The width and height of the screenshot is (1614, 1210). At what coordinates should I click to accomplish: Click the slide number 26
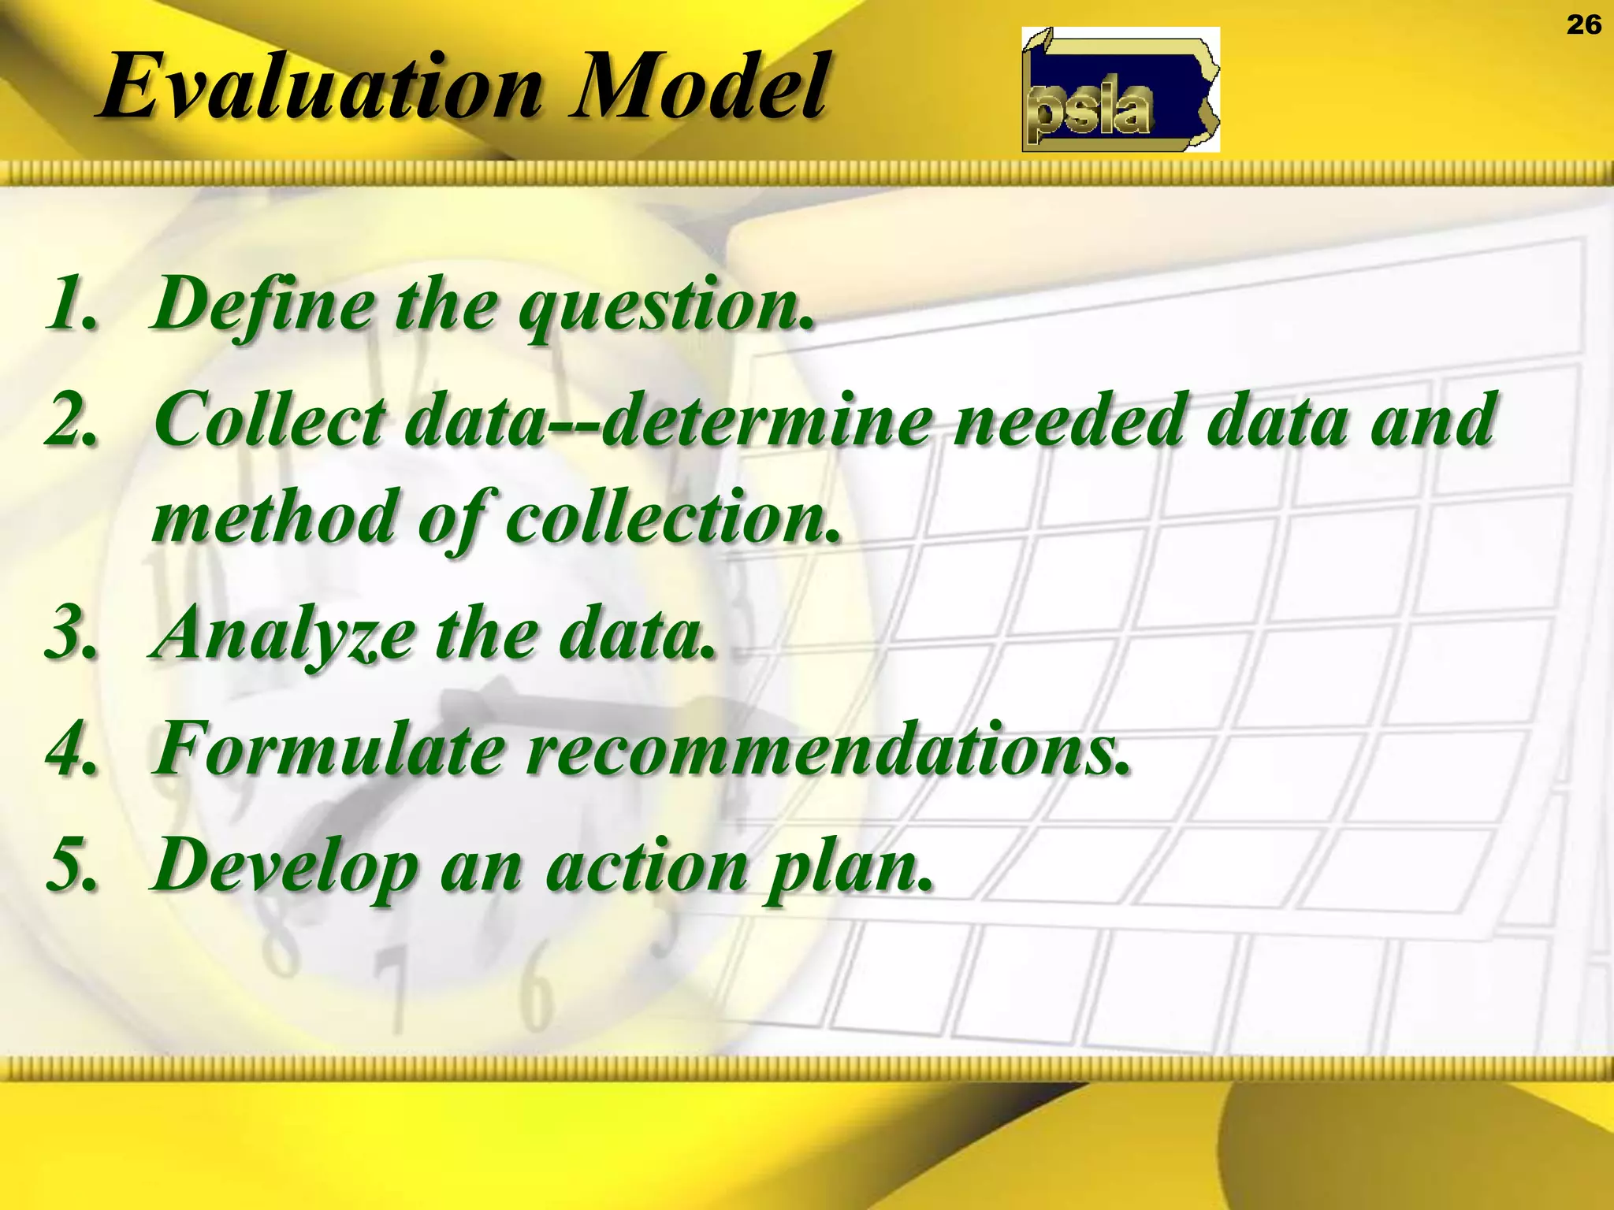1583,25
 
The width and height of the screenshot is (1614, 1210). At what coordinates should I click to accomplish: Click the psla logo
1120,90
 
